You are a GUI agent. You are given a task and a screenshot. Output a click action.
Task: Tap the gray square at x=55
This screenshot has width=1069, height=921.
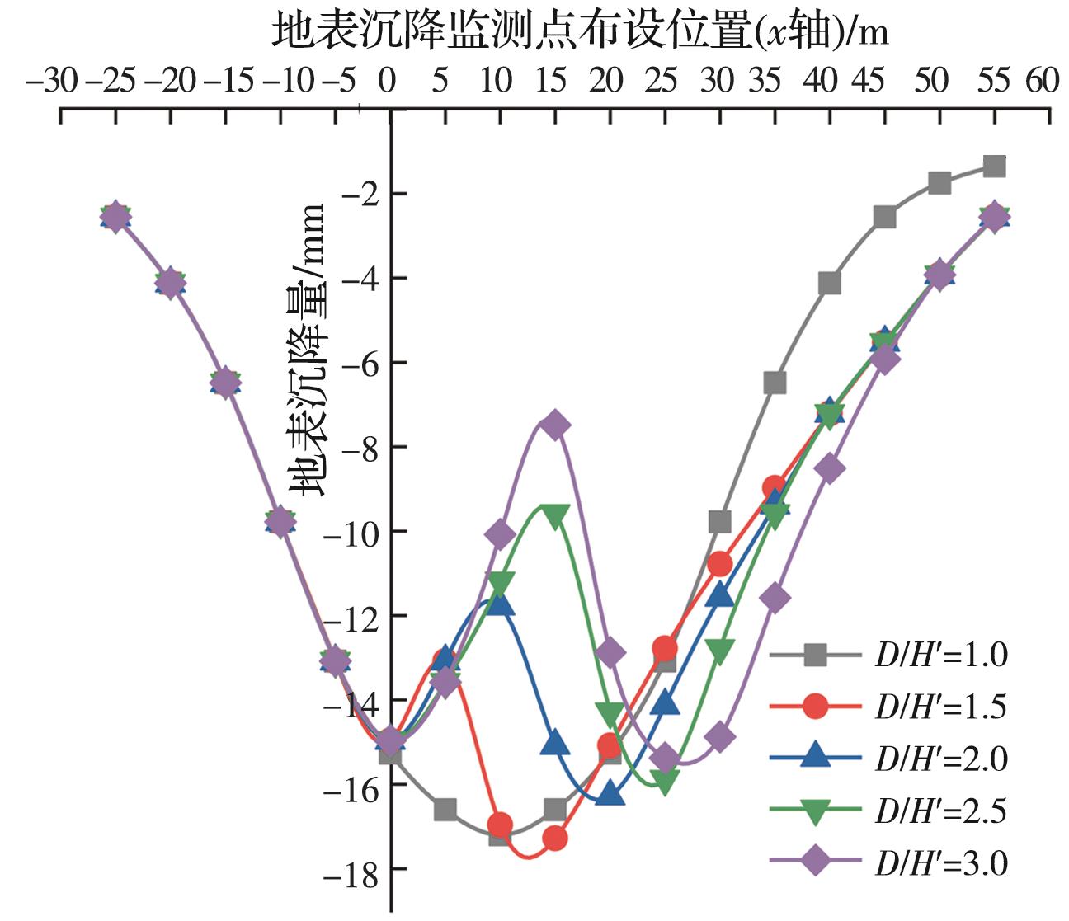click(995, 167)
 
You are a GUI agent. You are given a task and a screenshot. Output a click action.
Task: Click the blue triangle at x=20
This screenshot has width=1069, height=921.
click(610, 795)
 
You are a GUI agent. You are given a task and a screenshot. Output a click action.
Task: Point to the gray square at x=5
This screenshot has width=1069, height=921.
click(445, 810)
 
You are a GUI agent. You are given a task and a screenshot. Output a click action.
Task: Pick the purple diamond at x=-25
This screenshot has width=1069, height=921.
click(115, 217)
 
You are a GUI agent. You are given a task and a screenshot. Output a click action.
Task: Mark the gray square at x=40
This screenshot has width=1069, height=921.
click(830, 284)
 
